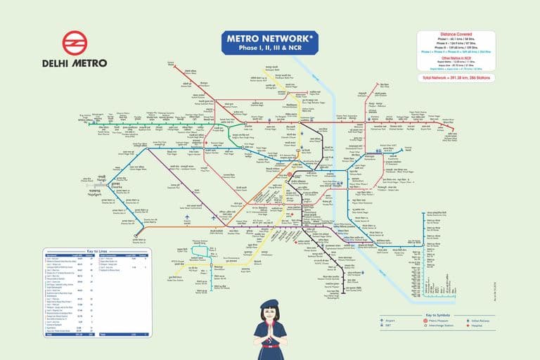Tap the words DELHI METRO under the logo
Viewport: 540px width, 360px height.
click(74, 63)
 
